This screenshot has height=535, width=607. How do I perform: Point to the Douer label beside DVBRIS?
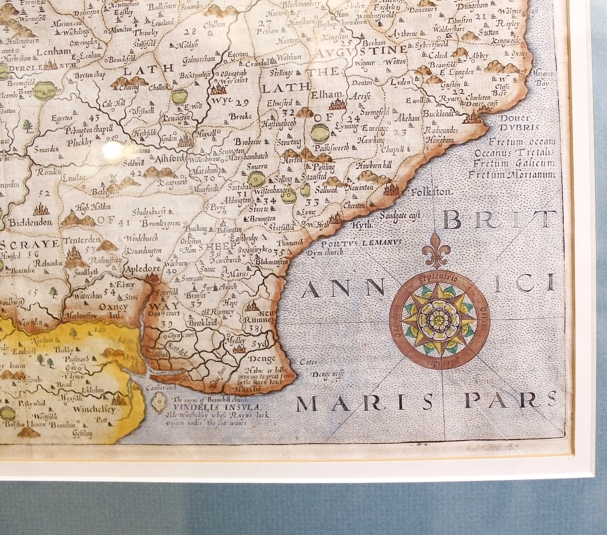515,118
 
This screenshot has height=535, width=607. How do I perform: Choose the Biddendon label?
30,223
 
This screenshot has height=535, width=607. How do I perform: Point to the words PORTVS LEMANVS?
361,243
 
